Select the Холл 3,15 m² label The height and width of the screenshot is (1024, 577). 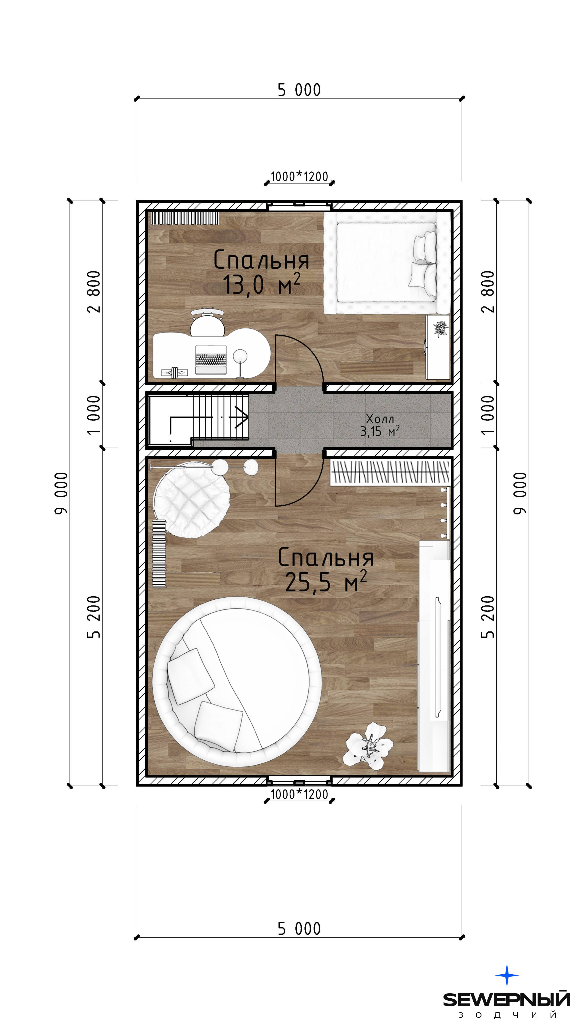point(380,425)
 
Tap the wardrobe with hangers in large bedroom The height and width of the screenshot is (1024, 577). point(391,472)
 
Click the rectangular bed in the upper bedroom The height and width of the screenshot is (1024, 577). point(387,262)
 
